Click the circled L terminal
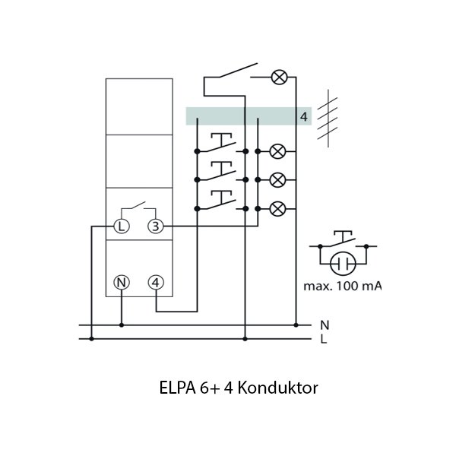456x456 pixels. (122, 226)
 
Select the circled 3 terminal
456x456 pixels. (155, 226)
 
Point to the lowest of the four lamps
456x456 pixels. (278, 207)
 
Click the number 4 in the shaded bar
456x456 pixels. (303, 116)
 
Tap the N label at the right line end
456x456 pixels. (325, 324)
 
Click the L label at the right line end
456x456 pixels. (324, 339)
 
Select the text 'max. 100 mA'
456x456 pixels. (343, 286)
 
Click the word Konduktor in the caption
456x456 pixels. (277, 388)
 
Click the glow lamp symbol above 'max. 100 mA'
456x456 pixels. (343, 264)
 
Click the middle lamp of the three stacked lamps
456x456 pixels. (278, 179)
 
